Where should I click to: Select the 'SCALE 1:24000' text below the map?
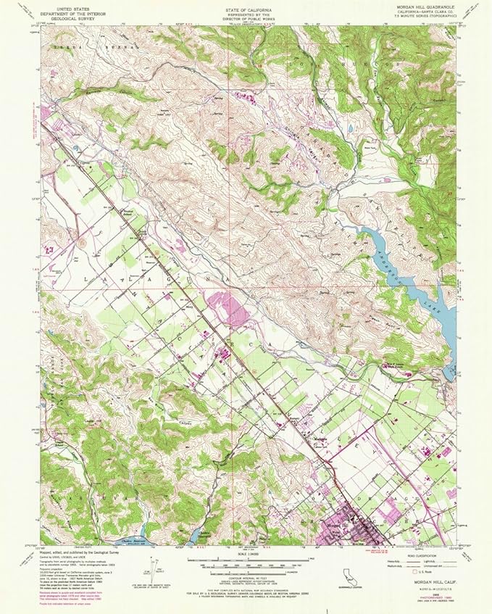[246, 555]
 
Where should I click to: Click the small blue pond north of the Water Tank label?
[351, 126]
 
